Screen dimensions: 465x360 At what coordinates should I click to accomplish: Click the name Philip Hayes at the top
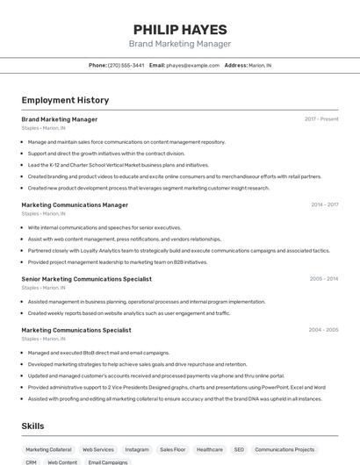[x=180, y=29]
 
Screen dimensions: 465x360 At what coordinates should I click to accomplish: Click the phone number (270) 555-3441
[x=126, y=65]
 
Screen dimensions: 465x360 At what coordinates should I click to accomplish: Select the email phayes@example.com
[x=192, y=65]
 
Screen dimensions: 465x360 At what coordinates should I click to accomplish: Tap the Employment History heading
[x=65, y=100]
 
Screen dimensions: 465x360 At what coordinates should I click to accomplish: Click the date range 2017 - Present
[x=321, y=118]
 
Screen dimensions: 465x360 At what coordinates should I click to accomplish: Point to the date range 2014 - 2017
[x=324, y=204]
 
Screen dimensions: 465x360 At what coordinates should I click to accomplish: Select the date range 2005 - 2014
[x=324, y=279]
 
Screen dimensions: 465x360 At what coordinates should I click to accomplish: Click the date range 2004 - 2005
[x=323, y=330]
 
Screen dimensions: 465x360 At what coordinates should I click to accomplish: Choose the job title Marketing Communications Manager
[x=75, y=204]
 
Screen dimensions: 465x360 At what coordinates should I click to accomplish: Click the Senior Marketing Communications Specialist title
[x=86, y=279]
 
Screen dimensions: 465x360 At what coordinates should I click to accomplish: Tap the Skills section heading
[x=33, y=426]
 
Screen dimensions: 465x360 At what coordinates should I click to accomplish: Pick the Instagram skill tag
[x=137, y=449]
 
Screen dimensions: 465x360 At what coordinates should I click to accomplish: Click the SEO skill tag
[x=239, y=449]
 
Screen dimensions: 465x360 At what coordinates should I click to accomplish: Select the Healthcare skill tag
[x=209, y=449]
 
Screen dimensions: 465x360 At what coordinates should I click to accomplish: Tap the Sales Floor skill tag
[x=172, y=449]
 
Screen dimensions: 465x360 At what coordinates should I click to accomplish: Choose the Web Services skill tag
[x=98, y=449]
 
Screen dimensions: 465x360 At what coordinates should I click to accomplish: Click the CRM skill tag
[x=31, y=461]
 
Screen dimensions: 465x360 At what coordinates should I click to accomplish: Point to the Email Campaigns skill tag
[x=108, y=461]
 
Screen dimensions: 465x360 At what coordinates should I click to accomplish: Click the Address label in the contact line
[x=235, y=65]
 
